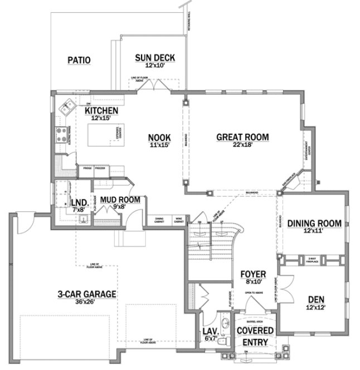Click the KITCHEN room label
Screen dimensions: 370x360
[101, 110]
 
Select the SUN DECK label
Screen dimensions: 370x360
[155, 57]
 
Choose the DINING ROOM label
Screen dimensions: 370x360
[314, 223]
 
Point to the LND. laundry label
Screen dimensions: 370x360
[77, 202]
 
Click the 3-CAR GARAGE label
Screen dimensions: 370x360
[86, 294]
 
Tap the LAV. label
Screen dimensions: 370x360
[210, 332]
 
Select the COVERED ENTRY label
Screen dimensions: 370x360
[255, 336]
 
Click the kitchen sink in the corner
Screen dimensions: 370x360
[69, 107]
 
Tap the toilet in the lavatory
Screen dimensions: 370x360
[222, 340]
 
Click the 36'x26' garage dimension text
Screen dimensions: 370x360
[86, 303]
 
